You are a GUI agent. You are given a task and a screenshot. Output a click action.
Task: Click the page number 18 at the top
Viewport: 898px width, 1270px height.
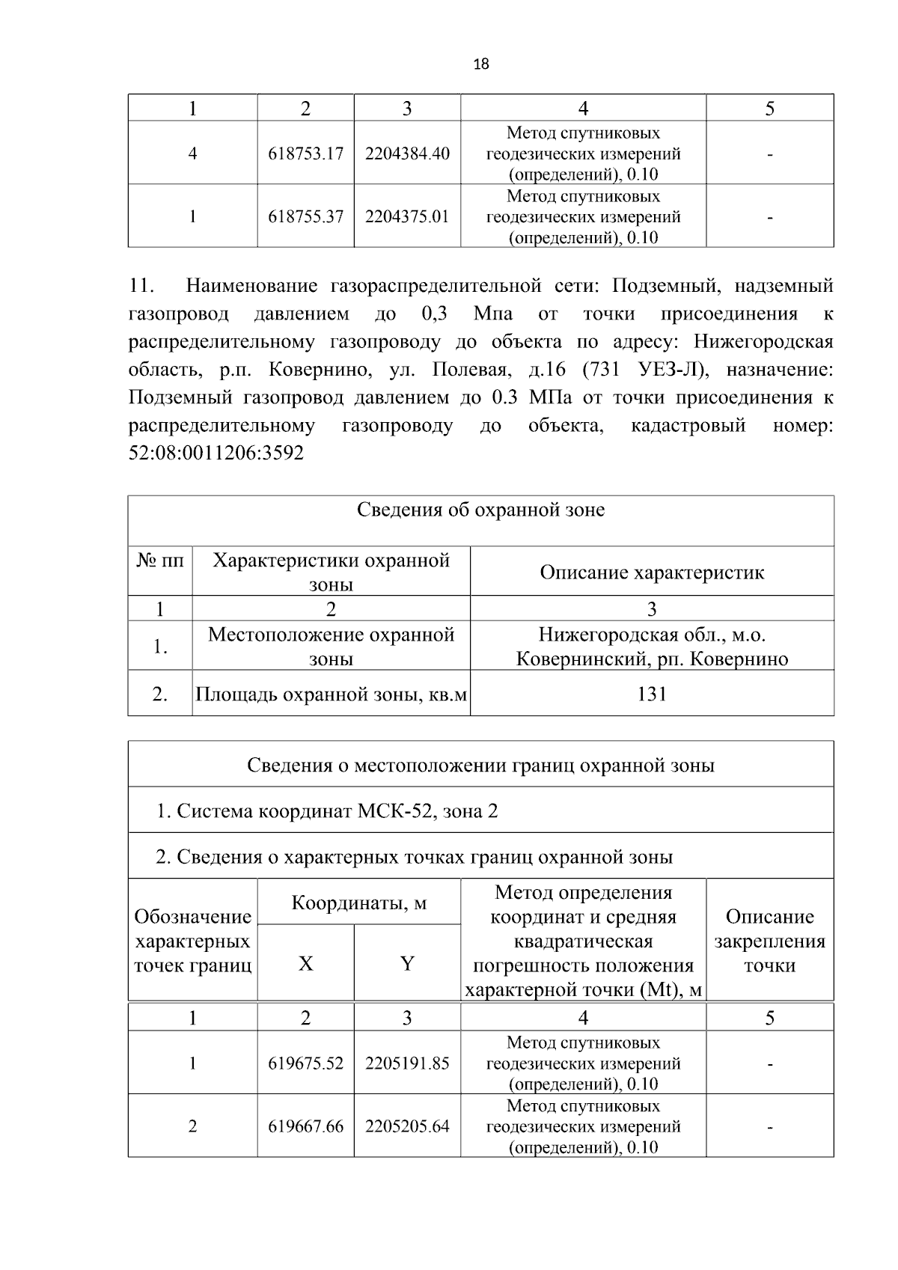[x=481, y=64]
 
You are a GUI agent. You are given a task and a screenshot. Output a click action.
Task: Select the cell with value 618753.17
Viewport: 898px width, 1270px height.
[x=305, y=153]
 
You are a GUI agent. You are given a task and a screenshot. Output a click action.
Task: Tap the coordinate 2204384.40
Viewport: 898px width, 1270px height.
[x=407, y=153]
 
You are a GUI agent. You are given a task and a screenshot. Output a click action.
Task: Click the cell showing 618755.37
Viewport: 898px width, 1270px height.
[x=305, y=216]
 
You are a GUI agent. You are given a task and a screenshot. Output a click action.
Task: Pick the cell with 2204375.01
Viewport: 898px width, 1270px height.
[x=407, y=216]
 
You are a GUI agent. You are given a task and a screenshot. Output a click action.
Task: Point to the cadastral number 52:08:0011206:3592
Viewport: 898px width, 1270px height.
[x=216, y=454]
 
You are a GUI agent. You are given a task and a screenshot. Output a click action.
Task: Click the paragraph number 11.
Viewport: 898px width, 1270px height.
[x=141, y=286]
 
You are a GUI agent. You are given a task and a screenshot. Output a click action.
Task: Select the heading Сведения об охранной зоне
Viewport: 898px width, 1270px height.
[x=480, y=510]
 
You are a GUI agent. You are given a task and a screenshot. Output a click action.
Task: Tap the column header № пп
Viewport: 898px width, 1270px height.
[x=160, y=560]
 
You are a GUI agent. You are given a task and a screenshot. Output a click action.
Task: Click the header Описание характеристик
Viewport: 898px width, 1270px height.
[x=652, y=573]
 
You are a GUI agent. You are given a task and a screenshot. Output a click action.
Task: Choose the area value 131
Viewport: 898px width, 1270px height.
[x=652, y=694]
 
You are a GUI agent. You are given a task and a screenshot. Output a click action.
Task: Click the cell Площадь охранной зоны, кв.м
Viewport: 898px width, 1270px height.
[x=331, y=694]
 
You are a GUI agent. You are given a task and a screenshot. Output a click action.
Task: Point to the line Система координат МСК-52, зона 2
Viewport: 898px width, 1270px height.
[x=327, y=811]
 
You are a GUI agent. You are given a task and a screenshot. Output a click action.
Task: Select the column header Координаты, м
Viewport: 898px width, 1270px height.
[x=359, y=903]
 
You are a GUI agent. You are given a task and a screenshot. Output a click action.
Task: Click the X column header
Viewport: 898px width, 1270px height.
[x=305, y=964]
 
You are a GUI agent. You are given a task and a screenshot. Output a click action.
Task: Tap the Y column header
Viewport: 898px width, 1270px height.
[x=407, y=964]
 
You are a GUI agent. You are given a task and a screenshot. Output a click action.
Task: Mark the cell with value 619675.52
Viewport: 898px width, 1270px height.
[x=305, y=1063]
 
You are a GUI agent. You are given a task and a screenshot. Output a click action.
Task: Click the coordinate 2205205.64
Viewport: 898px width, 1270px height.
[x=407, y=1126]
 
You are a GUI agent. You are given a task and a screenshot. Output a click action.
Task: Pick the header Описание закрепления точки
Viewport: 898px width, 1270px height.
[x=769, y=941]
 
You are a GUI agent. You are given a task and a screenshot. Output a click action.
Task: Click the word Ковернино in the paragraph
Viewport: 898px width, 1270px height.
[x=317, y=370]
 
